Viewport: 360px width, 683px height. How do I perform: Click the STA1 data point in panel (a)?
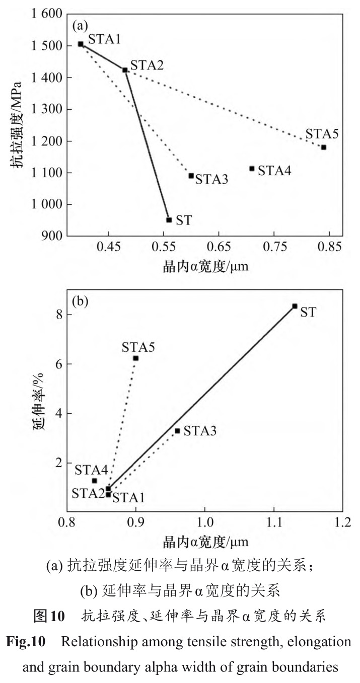tap(81, 44)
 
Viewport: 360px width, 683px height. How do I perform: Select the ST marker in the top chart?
tap(169, 220)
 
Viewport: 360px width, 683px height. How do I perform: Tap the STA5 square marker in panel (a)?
tap(324, 147)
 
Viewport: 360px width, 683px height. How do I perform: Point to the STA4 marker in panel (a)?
tap(252, 169)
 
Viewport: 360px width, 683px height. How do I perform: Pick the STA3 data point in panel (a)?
tap(191, 176)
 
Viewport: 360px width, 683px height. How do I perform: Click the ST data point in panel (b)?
tap(295, 306)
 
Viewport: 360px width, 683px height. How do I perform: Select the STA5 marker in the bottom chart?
tap(135, 358)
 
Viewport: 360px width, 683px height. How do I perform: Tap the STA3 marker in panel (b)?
tap(177, 431)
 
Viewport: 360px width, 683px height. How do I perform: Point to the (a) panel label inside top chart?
tap(82, 25)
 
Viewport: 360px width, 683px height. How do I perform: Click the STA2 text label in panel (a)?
tap(147, 65)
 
